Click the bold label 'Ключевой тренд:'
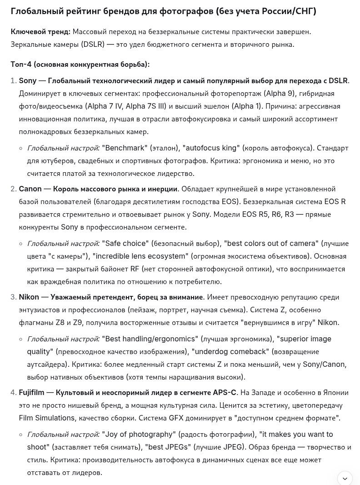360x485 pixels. (40, 32)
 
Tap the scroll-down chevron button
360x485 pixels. (345, 478)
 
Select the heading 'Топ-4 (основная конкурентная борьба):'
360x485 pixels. (80, 65)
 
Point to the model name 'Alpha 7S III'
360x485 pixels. (145, 106)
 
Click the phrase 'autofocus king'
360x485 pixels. (211, 148)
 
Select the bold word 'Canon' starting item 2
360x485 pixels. (30, 189)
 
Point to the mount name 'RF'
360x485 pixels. (135, 269)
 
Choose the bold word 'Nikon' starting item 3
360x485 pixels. (29, 297)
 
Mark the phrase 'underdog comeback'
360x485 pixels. (231, 352)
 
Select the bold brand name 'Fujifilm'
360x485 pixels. (31, 393)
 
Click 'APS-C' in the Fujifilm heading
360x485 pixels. (225, 393)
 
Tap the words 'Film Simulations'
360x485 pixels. (46, 418)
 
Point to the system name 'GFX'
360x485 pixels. (177, 418)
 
